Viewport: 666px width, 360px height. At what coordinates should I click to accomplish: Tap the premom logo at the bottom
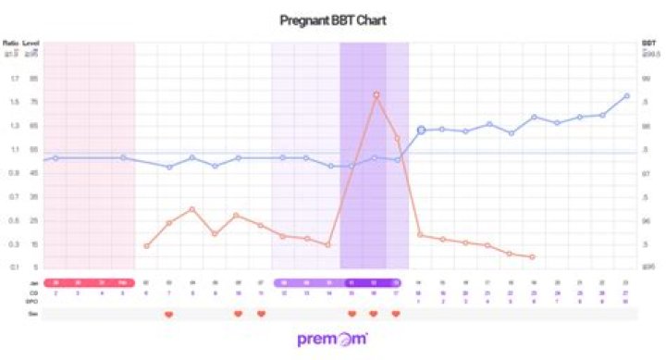(332, 339)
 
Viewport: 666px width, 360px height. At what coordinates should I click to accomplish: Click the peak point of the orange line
(376, 94)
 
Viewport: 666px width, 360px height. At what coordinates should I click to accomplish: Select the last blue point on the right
(627, 95)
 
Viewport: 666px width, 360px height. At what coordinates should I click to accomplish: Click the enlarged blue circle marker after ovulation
(421, 130)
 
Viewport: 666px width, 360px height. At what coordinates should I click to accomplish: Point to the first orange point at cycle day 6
(146, 246)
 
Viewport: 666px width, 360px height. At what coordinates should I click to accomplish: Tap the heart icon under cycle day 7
(168, 315)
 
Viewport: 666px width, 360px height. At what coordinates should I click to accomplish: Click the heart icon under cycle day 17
(397, 315)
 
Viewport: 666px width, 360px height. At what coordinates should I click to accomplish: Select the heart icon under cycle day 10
(238, 315)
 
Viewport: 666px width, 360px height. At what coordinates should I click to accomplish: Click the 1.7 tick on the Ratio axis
(14, 78)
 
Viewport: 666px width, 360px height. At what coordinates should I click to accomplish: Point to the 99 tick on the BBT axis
(647, 78)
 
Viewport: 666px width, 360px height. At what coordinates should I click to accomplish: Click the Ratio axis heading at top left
(11, 43)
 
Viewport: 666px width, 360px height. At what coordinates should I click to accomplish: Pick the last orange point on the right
(534, 257)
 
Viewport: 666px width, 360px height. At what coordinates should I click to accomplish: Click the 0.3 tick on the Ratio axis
(14, 244)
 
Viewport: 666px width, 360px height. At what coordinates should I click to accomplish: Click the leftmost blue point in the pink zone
(55, 158)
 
